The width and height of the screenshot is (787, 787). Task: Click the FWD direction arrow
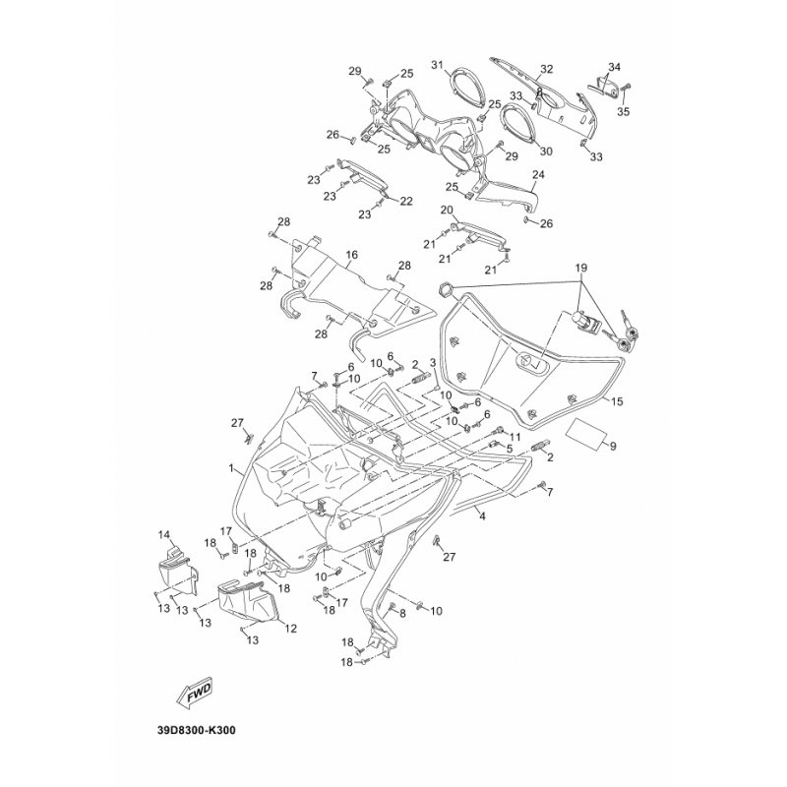click(195, 695)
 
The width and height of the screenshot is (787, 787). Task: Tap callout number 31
click(437, 64)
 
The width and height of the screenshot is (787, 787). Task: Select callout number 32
click(546, 69)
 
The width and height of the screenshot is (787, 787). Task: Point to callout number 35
click(623, 111)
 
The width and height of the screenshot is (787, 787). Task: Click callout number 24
click(538, 175)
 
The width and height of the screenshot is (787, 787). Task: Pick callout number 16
click(352, 255)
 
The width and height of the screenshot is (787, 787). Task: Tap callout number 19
click(581, 268)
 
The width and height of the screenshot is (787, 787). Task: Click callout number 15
click(617, 401)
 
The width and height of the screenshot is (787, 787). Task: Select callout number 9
click(613, 446)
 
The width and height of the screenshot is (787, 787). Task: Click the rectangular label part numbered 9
click(584, 434)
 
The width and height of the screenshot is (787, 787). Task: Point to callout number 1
click(231, 468)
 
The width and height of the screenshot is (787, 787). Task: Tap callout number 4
click(482, 515)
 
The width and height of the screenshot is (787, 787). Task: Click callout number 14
click(164, 534)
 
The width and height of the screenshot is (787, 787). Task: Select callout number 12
click(290, 629)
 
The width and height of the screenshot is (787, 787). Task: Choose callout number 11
click(515, 435)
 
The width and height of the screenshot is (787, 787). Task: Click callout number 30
click(546, 151)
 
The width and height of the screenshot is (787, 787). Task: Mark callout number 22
click(406, 202)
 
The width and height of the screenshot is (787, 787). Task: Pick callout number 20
click(447, 210)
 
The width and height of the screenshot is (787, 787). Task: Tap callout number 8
click(402, 612)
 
